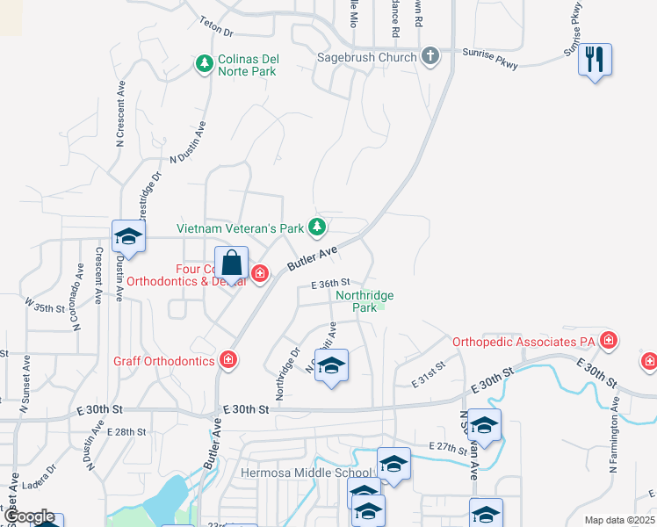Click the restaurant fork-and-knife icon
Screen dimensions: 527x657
[x=595, y=60]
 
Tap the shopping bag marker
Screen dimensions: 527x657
[x=232, y=263]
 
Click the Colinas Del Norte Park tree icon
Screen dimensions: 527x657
[x=204, y=63]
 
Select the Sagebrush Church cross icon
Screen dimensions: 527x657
[x=430, y=57]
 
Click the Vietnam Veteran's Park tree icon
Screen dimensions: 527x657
[x=317, y=228]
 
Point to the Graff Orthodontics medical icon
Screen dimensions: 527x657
[x=227, y=360]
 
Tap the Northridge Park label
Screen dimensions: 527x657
[x=365, y=301]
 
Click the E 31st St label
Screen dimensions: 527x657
[x=430, y=379]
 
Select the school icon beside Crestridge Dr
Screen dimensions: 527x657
[x=128, y=236]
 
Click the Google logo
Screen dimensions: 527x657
[x=28, y=517]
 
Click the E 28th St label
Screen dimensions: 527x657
[x=126, y=431]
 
